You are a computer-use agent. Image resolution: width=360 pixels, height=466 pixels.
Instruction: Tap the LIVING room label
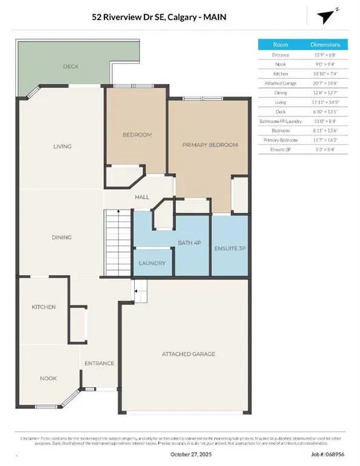[62, 146]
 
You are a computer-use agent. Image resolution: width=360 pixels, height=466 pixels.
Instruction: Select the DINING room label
[62, 237]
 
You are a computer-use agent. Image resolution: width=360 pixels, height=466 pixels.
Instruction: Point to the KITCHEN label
[44, 307]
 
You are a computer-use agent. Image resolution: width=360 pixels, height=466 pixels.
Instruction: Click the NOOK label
[49, 378]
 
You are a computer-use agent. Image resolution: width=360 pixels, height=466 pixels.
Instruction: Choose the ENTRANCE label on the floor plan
[99, 363]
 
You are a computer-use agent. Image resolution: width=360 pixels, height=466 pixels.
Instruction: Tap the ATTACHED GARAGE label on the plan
[188, 354]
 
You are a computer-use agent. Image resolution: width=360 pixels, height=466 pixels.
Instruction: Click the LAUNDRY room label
[152, 263]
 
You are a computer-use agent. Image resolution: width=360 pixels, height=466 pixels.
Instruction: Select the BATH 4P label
[189, 243]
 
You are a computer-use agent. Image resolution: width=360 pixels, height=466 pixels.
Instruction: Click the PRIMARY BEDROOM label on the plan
[210, 145]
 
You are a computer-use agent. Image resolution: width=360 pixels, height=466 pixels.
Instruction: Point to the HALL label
[142, 197]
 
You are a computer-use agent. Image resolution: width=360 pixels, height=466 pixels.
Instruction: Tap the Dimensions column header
[325, 44]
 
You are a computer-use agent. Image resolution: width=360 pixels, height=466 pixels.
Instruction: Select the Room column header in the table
[280, 44]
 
